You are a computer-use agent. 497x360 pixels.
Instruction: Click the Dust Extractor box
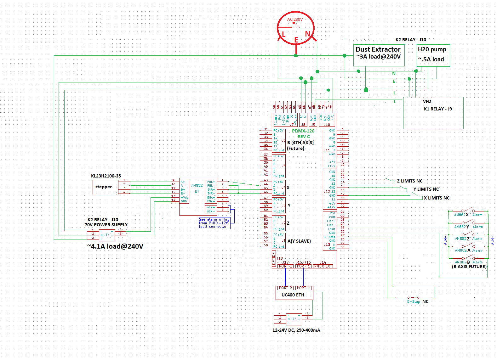[x=379, y=55]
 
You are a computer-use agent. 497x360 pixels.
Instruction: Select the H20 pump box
[x=433, y=55]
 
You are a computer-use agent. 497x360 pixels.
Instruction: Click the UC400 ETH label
[x=293, y=295]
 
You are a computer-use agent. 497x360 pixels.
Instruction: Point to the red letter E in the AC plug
[x=296, y=40]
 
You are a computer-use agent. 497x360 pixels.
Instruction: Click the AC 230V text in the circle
[x=295, y=20]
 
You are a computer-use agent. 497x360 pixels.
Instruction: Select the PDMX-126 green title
[x=303, y=131]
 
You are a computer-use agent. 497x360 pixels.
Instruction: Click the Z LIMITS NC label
[x=410, y=181]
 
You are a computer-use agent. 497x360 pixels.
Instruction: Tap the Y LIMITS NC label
[x=426, y=189]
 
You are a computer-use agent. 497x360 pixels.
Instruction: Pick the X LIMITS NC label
[x=437, y=198]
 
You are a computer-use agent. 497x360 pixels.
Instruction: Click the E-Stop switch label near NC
[x=414, y=301]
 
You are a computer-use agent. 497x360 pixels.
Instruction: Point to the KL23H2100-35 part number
[x=106, y=176]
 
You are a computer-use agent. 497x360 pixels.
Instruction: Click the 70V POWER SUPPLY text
[x=106, y=225]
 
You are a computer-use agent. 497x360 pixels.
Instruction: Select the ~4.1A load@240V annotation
[x=115, y=246]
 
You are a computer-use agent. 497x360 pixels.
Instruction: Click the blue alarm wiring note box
[x=214, y=223]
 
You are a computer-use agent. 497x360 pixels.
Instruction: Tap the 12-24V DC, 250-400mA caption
[x=296, y=330]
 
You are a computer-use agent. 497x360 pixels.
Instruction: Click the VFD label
[x=427, y=101]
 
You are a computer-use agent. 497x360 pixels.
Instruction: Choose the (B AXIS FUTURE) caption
[x=469, y=267]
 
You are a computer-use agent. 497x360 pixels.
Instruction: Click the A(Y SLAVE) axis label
[x=299, y=241]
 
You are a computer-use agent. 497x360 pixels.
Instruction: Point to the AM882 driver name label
[x=197, y=185]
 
